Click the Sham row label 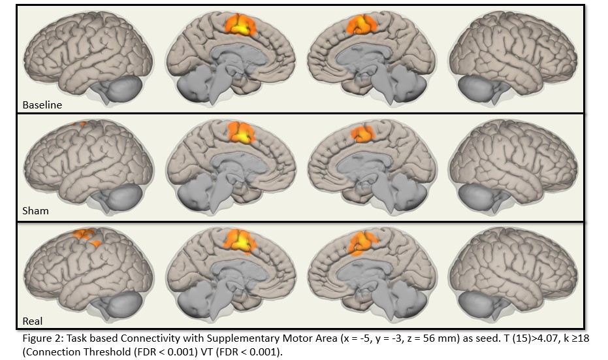[x=35, y=211]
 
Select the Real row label [x=33, y=321]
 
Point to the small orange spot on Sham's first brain [x=81, y=123]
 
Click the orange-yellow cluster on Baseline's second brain [x=241, y=25]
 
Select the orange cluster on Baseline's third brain [x=359, y=25]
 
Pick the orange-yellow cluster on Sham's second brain [x=242, y=133]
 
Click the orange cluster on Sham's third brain [x=360, y=134]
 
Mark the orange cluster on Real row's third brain [x=359, y=243]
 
